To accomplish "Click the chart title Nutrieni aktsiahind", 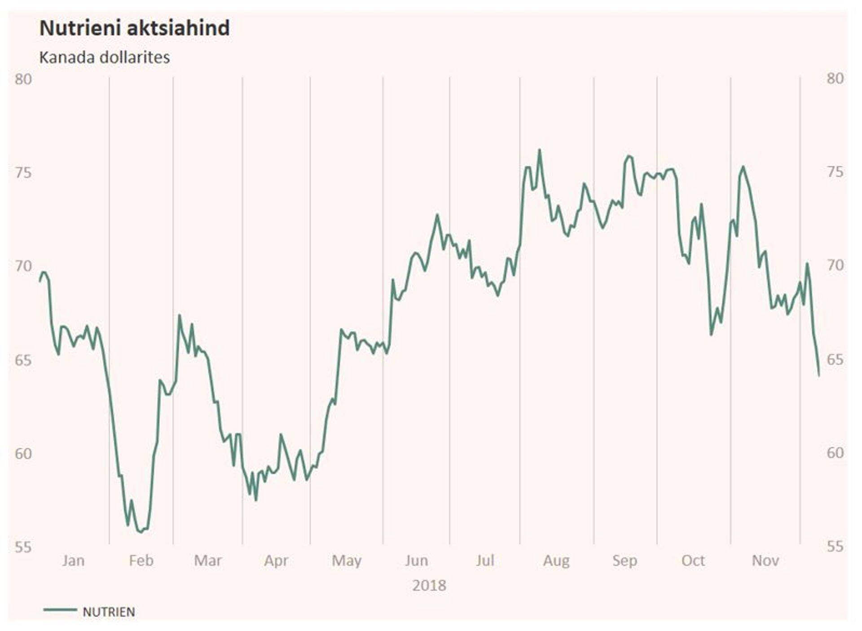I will pyautogui.click(x=135, y=28).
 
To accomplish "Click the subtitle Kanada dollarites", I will pyautogui.click(x=105, y=57).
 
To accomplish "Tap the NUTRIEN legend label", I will pyautogui.click(x=109, y=612).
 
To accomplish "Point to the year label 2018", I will pyautogui.click(x=429, y=586).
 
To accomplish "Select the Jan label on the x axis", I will pyautogui.click(x=73, y=560).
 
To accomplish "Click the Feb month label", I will pyautogui.click(x=141, y=560).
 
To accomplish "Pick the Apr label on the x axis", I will pyautogui.click(x=276, y=560).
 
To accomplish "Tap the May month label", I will pyautogui.click(x=346, y=560).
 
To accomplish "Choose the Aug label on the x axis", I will pyautogui.click(x=556, y=560).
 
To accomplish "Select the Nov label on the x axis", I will pyautogui.click(x=765, y=560).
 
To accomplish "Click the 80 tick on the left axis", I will pyautogui.click(x=23, y=79).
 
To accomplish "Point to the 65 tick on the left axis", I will pyautogui.click(x=23, y=360).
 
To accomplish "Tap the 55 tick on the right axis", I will pyautogui.click(x=835, y=547).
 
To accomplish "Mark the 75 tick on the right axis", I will pyautogui.click(x=835, y=172).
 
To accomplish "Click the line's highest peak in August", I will pyautogui.click(x=539, y=150).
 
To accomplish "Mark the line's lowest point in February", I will pyautogui.click(x=141, y=532).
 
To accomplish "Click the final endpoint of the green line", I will pyautogui.click(x=819, y=375).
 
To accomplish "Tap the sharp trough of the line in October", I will pyautogui.click(x=711, y=335).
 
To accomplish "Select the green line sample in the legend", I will pyautogui.click(x=60, y=610).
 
